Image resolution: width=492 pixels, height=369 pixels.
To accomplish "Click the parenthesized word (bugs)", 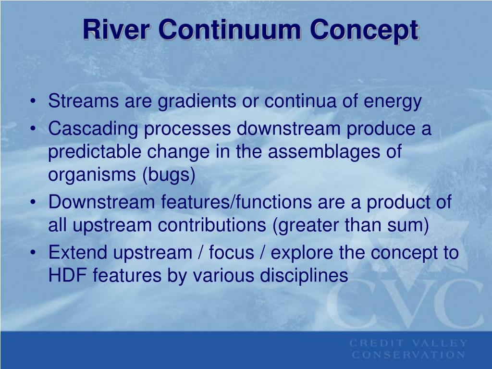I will (169, 176).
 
